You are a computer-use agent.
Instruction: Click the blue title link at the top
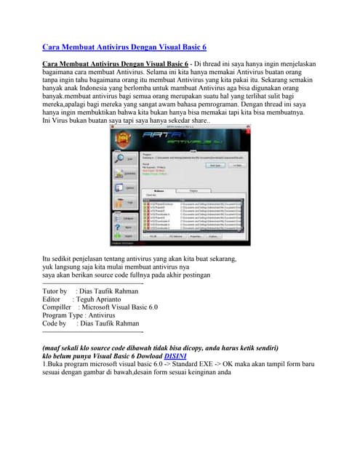[124, 47]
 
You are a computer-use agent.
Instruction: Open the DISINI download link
[175, 357]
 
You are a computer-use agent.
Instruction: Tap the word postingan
[191, 275]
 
